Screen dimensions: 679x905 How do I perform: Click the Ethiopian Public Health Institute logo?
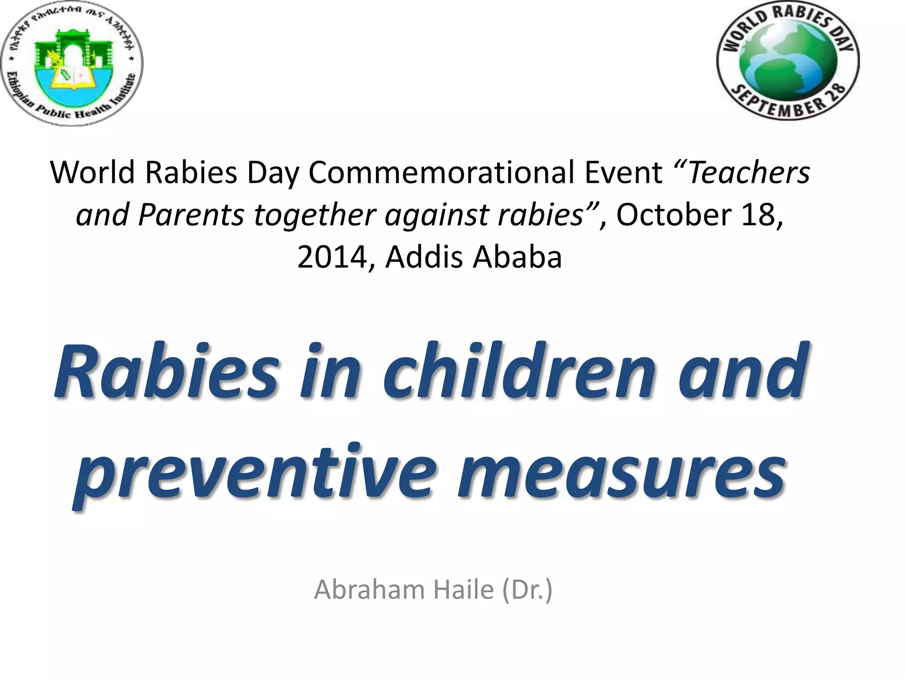pyautogui.click(x=72, y=63)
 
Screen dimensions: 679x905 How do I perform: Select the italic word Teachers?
pyautogui.click(x=749, y=172)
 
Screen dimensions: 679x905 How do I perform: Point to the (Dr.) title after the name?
pyautogui.click(x=527, y=590)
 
